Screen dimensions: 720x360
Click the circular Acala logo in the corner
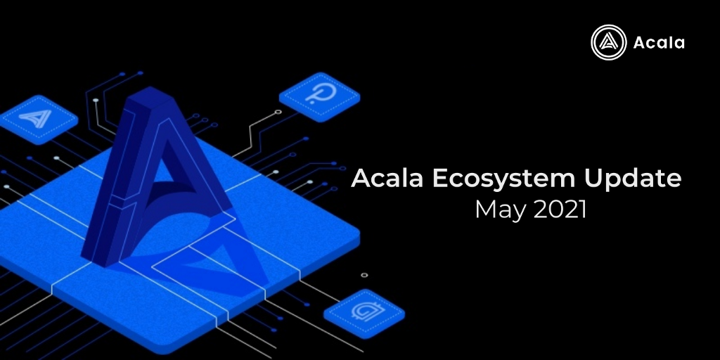pos(608,42)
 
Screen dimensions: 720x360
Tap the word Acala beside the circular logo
pos(659,43)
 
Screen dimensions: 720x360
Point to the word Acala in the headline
pos(387,179)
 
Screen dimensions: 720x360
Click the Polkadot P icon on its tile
pos(321,94)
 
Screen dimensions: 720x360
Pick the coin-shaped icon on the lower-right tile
pos(367,311)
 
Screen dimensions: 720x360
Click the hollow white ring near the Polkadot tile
pos(278,112)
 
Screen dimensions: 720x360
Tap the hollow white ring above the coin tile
pos(364,275)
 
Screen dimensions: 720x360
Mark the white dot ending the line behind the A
pos(96,100)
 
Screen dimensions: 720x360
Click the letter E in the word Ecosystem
pos(440,179)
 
